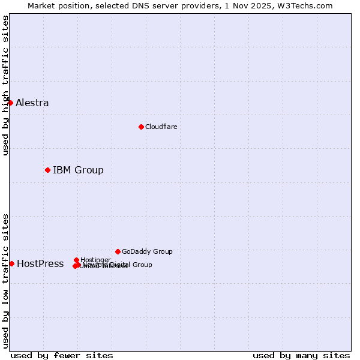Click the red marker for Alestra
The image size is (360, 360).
coord(10,103)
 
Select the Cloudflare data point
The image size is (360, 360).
coord(141,127)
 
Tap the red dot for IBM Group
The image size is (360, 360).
coord(47,170)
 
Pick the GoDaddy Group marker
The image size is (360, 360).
coord(118,251)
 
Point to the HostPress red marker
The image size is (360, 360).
coord(11,263)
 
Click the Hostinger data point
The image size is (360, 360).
coord(76,260)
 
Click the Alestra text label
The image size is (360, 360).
coord(32,103)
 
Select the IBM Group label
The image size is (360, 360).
coord(78,170)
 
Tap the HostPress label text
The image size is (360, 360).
coord(40,263)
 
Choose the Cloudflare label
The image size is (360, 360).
coord(161,127)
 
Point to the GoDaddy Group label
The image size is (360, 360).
coord(147,251)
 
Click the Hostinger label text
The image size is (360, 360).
coord(95,260)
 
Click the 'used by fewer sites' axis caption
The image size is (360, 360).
coord(62,355)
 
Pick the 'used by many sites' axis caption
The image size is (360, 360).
coord(301,355)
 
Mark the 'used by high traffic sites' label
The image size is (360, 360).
coord(5,85)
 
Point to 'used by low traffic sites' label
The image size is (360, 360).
coord(5,280)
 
